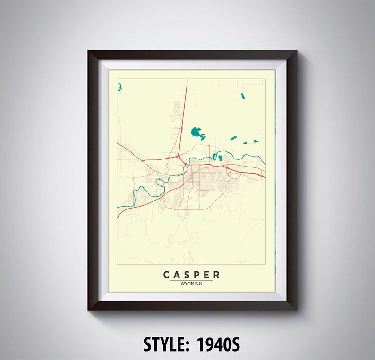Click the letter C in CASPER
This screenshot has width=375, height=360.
point(167,275)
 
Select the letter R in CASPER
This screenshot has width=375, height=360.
point(216,275)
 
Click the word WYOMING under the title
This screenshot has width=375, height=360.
point(191,284)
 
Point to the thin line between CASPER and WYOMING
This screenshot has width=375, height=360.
point(191,280)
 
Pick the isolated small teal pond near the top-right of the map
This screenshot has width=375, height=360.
point(243,96)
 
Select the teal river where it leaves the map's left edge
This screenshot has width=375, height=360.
point(119,206)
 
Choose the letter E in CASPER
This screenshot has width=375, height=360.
point(206,275)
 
